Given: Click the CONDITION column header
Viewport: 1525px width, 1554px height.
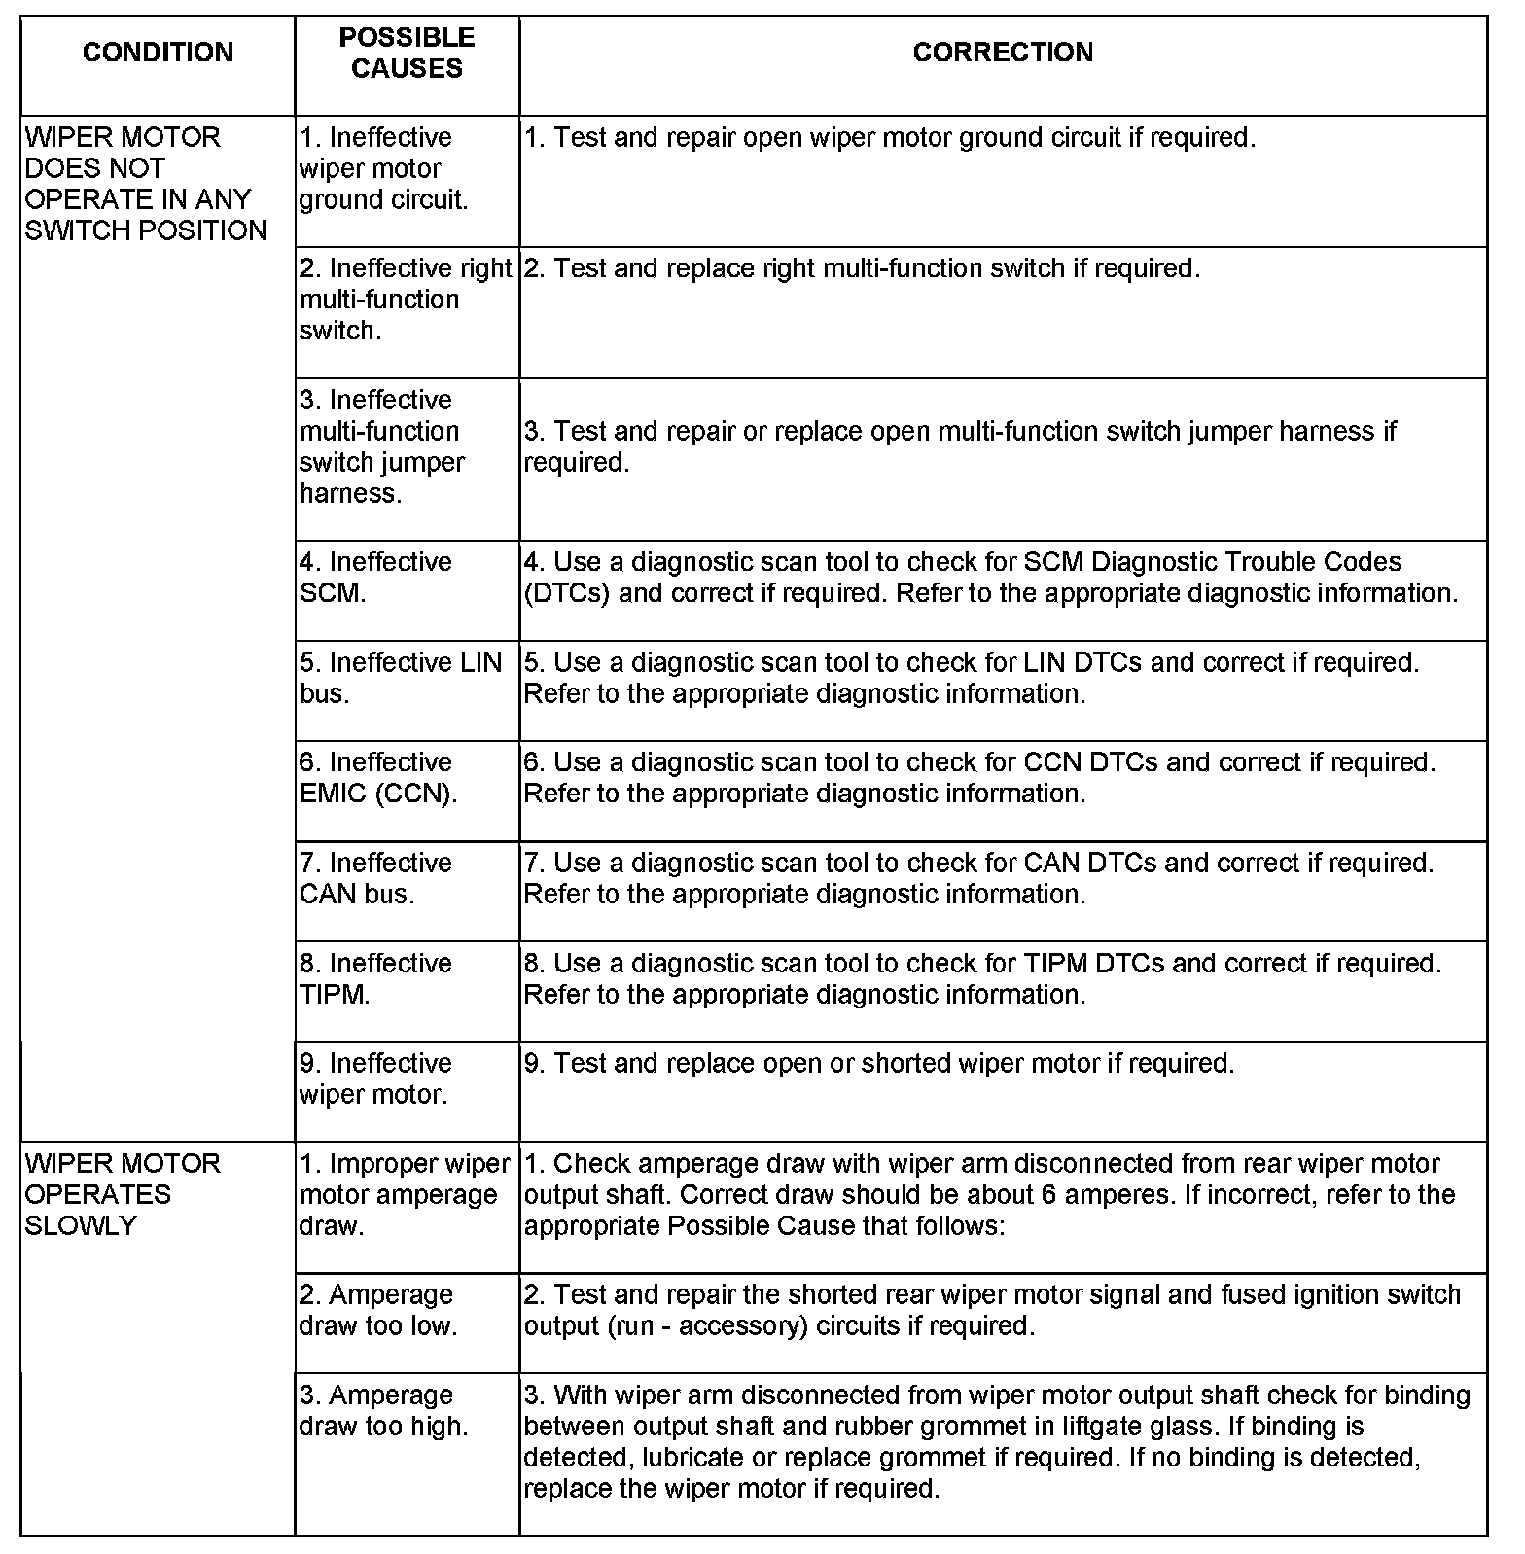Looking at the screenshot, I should click(158, 53).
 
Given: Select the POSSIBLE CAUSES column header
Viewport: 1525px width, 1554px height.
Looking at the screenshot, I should click(407, 53).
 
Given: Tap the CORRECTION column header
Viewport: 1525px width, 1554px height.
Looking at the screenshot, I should click(1003, 53).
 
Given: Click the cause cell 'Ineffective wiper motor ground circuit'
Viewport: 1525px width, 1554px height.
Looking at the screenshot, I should click(383, 168).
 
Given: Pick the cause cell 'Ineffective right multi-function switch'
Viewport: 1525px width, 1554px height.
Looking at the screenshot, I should click(405, 299).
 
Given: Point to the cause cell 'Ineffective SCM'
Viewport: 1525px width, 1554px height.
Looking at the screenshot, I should click(375, 577).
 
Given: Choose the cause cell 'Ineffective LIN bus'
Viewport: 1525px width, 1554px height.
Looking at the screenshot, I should click(400, 677).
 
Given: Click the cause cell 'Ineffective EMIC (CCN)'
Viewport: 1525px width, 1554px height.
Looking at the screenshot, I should click(377, 777).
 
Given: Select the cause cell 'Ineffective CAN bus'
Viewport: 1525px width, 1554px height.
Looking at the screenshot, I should click(375, 877).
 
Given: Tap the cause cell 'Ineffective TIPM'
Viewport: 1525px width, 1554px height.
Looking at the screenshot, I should click(375, 977).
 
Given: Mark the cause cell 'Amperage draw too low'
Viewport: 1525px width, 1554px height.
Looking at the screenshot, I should click(377, 1310).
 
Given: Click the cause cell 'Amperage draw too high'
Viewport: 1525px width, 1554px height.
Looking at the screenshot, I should click(383, 1410).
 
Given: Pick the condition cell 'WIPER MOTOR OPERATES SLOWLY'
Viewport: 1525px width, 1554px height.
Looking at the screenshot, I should click(123, 1194).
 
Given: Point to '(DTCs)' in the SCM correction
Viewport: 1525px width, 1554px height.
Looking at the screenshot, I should click(566, 593).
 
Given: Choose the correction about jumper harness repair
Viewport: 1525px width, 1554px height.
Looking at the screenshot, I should click(959, 446).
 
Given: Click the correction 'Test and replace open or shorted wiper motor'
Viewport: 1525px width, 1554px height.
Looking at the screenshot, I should click(878, 1063).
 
